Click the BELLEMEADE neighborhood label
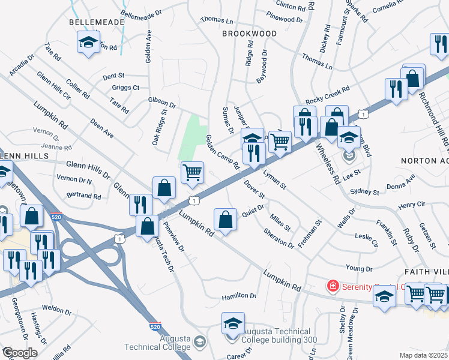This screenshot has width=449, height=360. [97, 22]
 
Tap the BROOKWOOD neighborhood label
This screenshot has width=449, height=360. [249, 34]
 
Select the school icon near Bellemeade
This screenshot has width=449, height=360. [88, 43]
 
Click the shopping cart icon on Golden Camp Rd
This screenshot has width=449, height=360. [192, 172]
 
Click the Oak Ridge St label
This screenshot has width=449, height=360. [159, 127]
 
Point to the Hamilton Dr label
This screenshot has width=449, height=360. [239, 296]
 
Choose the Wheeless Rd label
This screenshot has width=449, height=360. [327, 158]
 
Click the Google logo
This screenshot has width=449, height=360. [20, 353]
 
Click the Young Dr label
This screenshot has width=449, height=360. [359, 268]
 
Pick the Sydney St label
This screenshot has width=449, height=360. [364, 192]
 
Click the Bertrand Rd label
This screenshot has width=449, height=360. [83, 196]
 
